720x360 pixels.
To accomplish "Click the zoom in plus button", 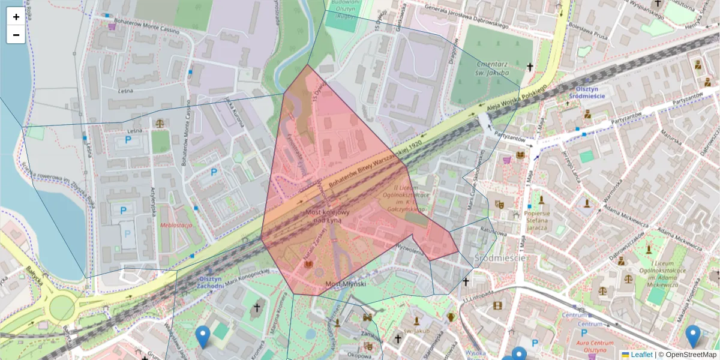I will point(16,17).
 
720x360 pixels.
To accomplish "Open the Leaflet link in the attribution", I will point(641,355).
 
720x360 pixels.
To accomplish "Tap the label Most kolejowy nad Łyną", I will point(327,217).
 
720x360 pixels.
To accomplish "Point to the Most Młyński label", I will point(341,283).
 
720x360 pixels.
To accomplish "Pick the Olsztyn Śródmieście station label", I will point(586,91).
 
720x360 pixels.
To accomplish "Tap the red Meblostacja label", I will point(175,225).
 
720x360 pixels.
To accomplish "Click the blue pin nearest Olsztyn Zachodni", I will point(203,336).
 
